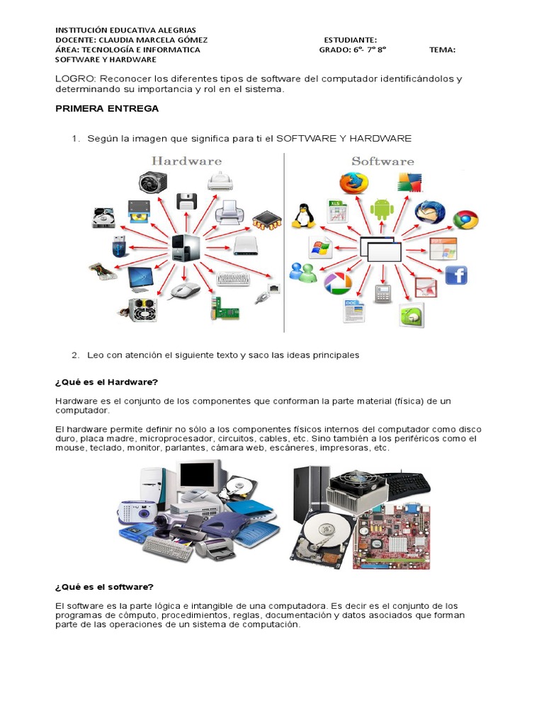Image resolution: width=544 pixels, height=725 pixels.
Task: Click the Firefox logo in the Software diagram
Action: (353, 183)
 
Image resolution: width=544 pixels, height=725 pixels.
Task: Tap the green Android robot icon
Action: (382, 208)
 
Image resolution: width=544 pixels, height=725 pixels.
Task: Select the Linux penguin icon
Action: (304, 215)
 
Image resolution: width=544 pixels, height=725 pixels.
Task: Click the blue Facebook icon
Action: (455, 275)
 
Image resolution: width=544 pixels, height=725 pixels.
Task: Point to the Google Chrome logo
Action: (465, 219)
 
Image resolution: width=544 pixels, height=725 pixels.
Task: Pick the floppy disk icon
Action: (186, 201)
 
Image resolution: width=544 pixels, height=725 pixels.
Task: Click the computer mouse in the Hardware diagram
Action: (186, 290)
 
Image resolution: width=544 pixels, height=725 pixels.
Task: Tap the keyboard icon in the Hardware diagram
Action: (233, 278)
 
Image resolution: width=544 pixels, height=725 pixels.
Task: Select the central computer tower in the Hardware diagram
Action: (186, 247)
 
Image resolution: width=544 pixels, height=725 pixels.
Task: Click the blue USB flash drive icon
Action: (118, 248)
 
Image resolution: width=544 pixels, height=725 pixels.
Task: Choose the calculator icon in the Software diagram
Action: (382, 294)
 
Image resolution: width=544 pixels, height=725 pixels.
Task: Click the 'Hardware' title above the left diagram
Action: (186, 161)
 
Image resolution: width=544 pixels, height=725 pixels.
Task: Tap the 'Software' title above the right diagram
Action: (382, 161)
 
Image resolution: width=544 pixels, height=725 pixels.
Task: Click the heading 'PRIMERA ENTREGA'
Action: (107, 109)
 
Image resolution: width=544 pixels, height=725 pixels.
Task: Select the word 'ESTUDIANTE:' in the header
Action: (350, 40)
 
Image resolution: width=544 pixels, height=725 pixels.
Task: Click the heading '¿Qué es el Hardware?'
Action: (106, 382)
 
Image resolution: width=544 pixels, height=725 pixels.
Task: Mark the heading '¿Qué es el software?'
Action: (104, 587)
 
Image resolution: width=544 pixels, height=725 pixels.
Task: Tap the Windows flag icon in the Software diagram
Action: (321, 248)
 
